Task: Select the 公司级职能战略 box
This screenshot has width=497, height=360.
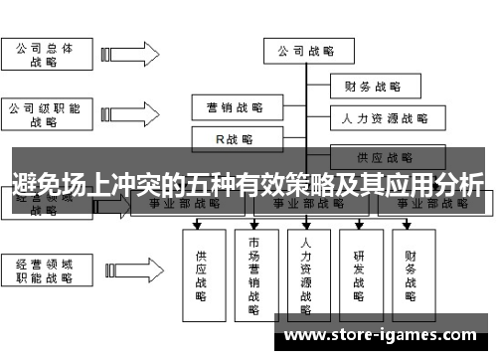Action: pyautogui.click(x=43, y=114)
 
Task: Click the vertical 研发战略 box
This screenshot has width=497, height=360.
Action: pyautogui.click(x=359, y=269)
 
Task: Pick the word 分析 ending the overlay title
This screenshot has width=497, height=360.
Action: pyautogui.click(x=459, y=184)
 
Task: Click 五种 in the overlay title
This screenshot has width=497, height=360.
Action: pyautogui.click(x=221, y=184)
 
